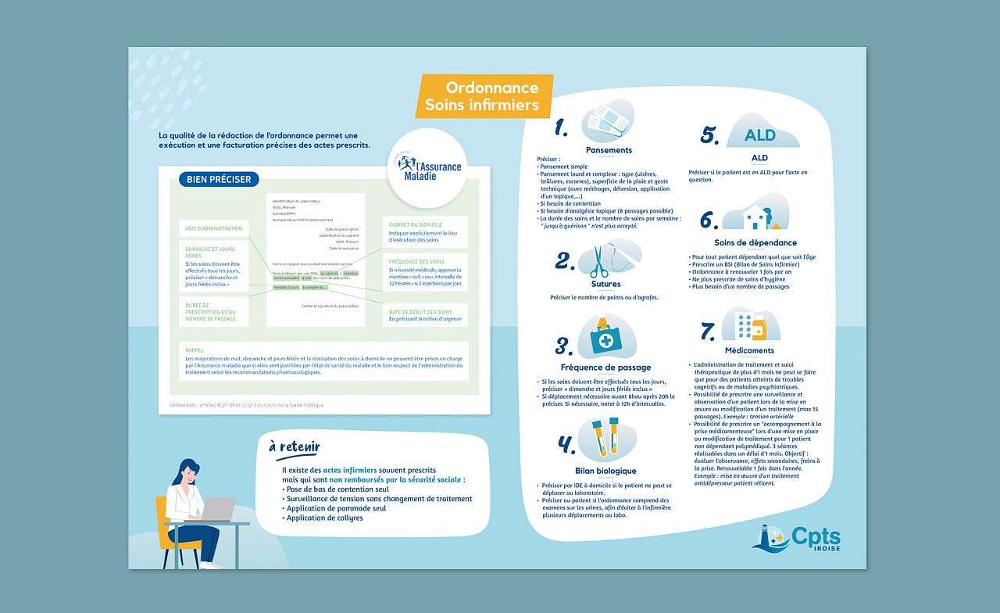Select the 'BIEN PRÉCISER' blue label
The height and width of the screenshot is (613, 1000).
[x=219, y=179]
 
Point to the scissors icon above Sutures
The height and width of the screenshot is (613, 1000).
[x=600, y=261]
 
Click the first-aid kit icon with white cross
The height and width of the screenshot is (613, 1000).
[x=605, y=339]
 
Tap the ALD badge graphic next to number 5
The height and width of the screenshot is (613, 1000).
[x=760, y=135]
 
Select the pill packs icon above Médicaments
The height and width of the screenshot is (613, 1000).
[x=751, y=324]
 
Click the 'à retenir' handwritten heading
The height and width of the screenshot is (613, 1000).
[x=294, y=446]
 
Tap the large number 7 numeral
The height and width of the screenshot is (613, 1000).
[x=708, y=332]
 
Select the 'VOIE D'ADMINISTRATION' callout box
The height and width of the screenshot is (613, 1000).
[x=213, y=228]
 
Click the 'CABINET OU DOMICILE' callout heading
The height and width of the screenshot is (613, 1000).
[x=415, y=224]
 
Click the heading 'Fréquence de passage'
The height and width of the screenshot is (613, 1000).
[x=605, y=367]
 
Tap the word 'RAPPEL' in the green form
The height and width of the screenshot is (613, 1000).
[x=195, y=350]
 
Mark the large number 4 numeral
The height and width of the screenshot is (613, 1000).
[x=566, y=445]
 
